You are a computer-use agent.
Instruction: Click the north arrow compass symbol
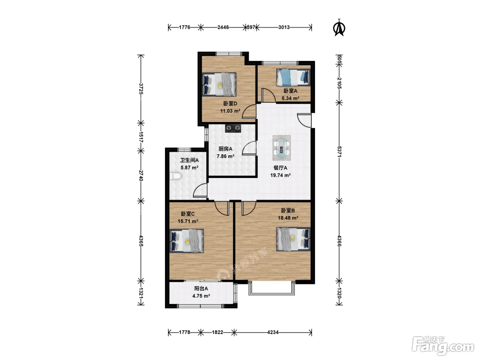pyautogui.click(x=339, y=28)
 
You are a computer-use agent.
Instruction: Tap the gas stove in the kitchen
pyautogui.click(x=233, y=128)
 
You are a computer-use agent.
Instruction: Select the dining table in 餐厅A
pyautogui.click(x=281, y=148)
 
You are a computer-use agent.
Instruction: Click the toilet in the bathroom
pyautogui.click(x=176, y=176)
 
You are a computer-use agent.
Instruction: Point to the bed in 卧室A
pyautogui.click(x=293, y=77)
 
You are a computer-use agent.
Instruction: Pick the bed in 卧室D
pyautogui.click(x=219, y=84)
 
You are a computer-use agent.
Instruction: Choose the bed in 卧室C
pyautogui.click(x=187, y=241)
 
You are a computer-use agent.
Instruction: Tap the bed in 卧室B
pyautogui.click(x=293, y=239)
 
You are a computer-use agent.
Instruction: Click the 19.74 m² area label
pyautogui.click(x=280, y=175)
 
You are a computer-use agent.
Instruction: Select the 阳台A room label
pyautogui.click(x=201, y=289)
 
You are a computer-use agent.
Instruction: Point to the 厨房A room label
pyautogui.click(x=225, y=149)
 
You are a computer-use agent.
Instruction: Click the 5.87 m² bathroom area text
pyautogui.click(x=189, y=168)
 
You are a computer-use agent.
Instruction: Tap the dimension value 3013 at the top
pyautogui.click(x=284, y=27)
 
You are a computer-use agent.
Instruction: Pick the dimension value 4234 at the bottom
pyautogui.click(x=273, y=332)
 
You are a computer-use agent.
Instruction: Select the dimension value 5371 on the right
pyautogui.click(x=339, y=152)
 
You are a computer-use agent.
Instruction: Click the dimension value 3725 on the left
pyautogui.click(x=141, y=88)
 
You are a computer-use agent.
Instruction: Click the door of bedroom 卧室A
pyautogui.click(x=268, y=95)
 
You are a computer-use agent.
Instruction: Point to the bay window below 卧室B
pyautogui.click(x=272, y=289)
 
